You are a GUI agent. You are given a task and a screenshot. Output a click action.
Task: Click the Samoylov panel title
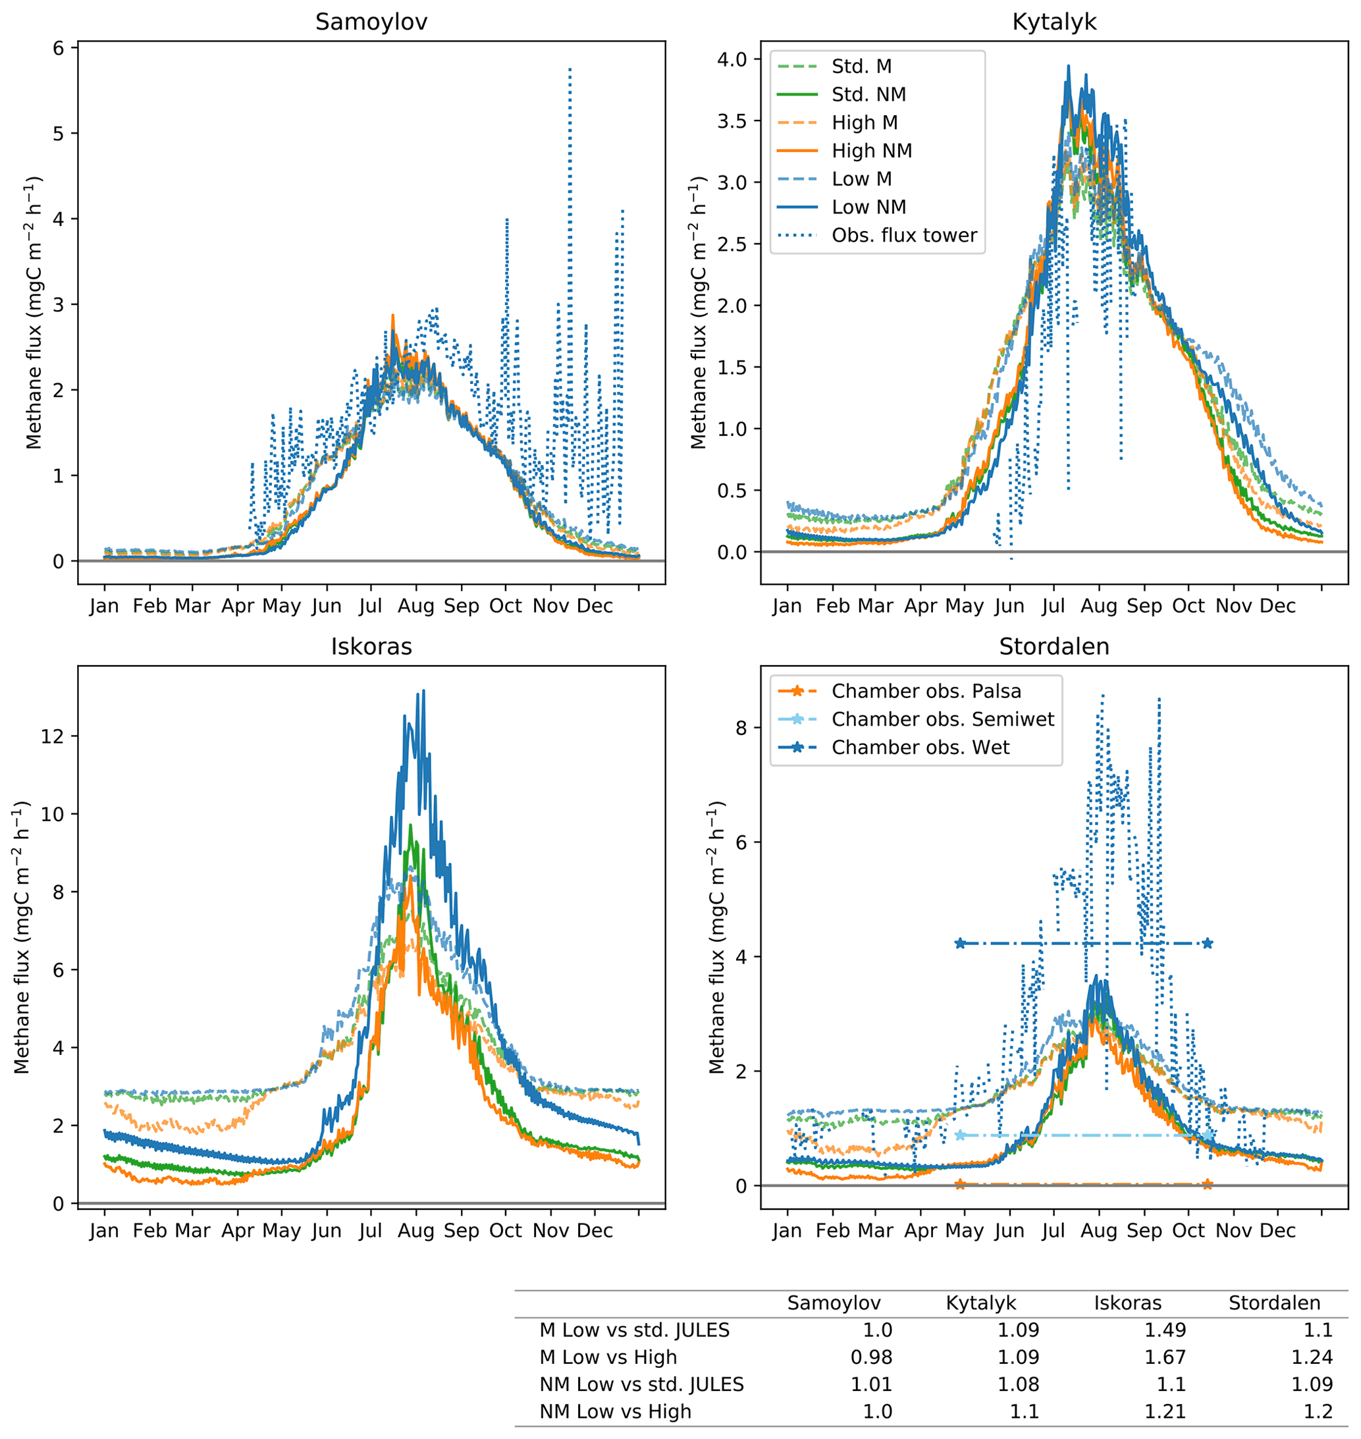371,22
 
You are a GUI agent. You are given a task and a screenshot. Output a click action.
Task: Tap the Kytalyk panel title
1054,22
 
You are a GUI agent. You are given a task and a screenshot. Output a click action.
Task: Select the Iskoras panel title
371,647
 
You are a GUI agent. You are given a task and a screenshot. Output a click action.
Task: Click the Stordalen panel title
1054,647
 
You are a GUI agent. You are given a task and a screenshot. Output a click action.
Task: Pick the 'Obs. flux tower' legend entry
904,236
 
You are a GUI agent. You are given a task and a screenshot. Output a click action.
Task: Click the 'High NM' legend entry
871,151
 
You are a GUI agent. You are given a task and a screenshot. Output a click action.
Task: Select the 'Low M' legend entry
861,179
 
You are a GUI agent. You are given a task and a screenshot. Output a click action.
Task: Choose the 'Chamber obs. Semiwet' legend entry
942,719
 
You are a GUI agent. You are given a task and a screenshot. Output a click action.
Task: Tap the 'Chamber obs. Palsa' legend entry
926,691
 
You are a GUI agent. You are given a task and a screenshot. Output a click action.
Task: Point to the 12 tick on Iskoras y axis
52,736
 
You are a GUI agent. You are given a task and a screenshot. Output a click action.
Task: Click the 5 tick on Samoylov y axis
58,134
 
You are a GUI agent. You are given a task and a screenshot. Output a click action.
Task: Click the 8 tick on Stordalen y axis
741,728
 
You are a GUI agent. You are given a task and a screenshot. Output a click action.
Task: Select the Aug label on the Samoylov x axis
415,606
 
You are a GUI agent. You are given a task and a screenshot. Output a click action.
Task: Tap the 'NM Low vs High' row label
615,1411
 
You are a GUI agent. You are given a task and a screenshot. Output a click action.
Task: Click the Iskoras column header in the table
1127,1303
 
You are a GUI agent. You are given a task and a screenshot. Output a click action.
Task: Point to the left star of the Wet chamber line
961,943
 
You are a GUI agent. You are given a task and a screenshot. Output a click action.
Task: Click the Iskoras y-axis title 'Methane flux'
22,938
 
